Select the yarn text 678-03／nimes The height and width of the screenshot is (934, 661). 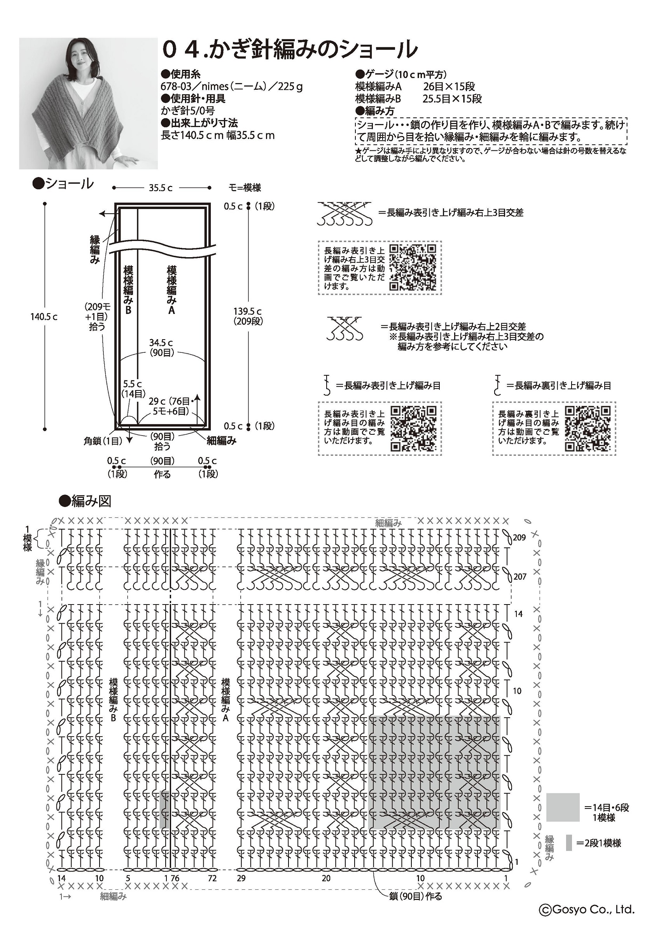click(190, 87)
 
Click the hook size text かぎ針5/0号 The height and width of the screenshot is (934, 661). click(188, 111)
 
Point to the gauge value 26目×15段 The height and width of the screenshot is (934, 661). click(449, 87)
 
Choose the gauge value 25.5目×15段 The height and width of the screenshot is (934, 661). click(452, 99)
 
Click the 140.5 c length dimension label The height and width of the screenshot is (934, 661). click(44, 317)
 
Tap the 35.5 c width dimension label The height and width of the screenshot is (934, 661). click(160, 188)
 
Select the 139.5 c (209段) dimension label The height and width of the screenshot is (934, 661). click(248, 316)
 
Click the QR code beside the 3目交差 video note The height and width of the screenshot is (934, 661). click(413, 268)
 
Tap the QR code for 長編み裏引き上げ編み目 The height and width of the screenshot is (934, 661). click(588, 429)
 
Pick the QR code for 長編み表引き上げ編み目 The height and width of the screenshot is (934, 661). click(414, 429)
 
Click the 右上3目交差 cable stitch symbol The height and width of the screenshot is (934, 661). click(344, 214)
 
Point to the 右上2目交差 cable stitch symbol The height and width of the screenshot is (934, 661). click(345, 329)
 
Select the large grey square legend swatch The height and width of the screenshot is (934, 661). click(563, 807)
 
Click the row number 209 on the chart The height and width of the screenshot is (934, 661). click(519, 537)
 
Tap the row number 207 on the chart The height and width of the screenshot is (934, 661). click(520, 577)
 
